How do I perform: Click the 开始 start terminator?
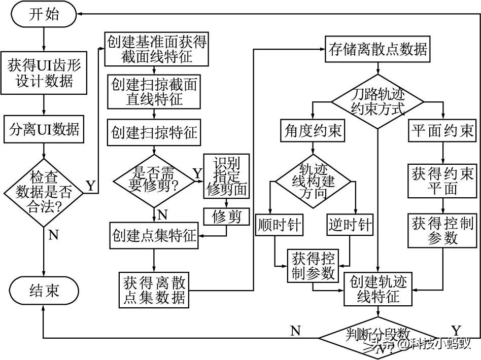pyautogui.click(x=44, y=14)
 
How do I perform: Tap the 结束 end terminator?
pyautogui.click(x=44, y=290)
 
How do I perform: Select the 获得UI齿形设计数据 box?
pyautogui.click(x=44, y=73)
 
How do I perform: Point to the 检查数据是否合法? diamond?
pyautogui.click(x=44, y=192)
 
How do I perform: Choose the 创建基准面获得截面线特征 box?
pyautogui.click(x=157, y=49)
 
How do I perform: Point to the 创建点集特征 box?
pyautogui.click(x=154, y=236)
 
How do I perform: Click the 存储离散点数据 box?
pyautogui.click(x=377, y=49)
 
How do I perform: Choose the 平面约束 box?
pyautogui.click(x=442, y=132)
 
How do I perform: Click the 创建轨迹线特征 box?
pyautogui.click(x=378, y=289)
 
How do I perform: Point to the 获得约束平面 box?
pyautogui.click(x=442, y=182)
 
